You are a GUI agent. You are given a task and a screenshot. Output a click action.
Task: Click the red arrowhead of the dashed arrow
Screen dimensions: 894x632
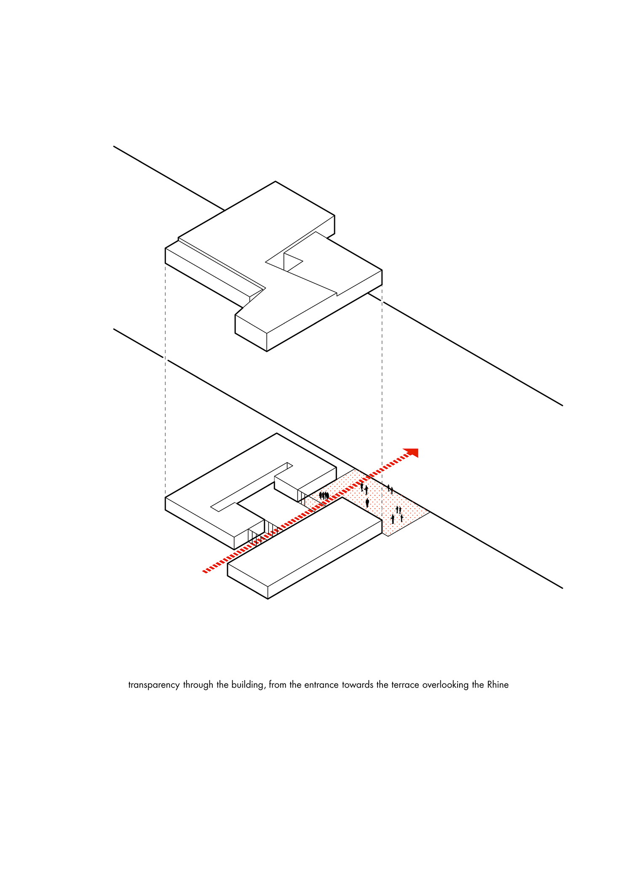pos(412,453)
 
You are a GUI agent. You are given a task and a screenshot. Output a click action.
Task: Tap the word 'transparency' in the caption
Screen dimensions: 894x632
pos(154,685)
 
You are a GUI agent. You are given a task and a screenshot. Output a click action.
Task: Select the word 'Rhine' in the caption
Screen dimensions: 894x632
pos(498,684)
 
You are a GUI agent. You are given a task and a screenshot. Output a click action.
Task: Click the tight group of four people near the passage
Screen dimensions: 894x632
pos(324,496)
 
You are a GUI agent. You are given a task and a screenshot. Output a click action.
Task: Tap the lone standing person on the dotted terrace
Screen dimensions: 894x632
pos(367,502)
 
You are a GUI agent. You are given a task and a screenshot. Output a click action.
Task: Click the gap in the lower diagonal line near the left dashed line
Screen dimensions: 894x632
pos(165,359)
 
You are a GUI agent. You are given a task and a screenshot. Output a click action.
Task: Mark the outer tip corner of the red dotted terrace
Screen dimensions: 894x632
pos(429,512)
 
